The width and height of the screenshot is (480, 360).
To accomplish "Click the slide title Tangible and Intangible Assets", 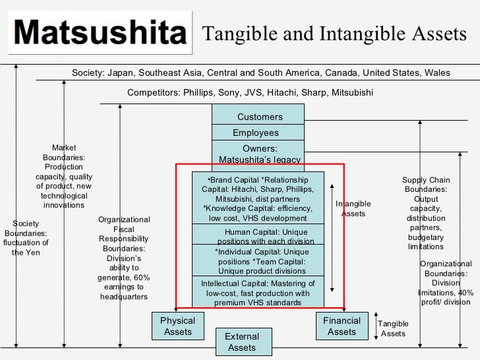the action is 335,34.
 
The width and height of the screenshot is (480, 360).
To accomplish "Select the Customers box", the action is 258,117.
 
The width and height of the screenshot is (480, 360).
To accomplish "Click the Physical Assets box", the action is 178,326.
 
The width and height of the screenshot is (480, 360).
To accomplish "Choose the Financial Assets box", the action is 342,326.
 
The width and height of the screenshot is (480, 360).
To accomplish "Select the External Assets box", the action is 242,342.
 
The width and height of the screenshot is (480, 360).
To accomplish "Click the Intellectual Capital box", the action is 258,293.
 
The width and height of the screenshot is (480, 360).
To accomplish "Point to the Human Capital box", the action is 258,236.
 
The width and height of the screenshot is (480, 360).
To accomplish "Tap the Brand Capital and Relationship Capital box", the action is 258,198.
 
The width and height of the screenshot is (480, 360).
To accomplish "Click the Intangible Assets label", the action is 353,209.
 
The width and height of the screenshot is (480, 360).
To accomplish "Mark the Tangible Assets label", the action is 393,328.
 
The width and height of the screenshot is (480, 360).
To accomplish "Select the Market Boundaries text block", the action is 64,177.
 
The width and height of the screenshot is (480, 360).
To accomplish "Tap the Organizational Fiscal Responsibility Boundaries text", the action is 124,258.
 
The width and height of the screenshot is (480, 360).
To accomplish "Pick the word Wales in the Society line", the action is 437,73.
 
